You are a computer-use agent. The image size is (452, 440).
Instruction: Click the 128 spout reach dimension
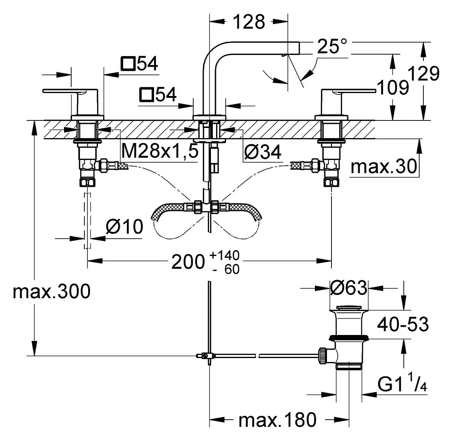pyautogui.click(x=249, y=22)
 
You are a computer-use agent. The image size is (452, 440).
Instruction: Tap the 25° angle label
pyautogui.click(x=332, y=47)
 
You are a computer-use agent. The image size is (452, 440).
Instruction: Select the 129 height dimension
pyautogui.click(x=423, y=74)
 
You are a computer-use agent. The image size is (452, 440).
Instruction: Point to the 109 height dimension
pyautogui.click(x=393, y=88)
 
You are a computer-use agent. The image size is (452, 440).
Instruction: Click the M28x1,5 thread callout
pyautogui.click(x=160, y=151)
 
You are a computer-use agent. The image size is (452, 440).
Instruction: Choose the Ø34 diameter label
pyautogui.click(x=263, y=152)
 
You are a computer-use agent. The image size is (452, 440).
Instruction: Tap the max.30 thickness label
pyautogui.click(x=383, y=167)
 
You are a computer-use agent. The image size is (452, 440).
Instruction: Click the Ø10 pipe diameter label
pyautogui.click(x=124, y=227)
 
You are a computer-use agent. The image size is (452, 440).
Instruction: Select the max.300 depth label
pyautogui.click(x=52, y=291)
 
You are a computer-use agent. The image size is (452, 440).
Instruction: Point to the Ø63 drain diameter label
pyautogui.click(x=348, y=288)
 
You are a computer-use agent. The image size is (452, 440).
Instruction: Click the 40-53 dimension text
pyautogui.click(x=403, y=324)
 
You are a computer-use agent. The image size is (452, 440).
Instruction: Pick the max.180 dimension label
pyautogui.click(x=278, y=420)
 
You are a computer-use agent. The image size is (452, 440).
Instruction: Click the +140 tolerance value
pyautogui.click(x=224, y=256)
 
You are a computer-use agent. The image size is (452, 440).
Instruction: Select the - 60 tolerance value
pyautogui.click(x=226, y=269)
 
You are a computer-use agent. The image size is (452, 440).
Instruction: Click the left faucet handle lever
pyautogui.click(x=70, y=91)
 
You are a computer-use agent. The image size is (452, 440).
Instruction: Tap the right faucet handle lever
pyautogui.click(x=349, y=91)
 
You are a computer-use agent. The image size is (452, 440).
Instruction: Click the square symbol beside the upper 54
pyautogui.click(x=128, y=64)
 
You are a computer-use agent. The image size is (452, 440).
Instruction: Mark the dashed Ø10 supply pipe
pyautogui.click(x=87, y=221)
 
